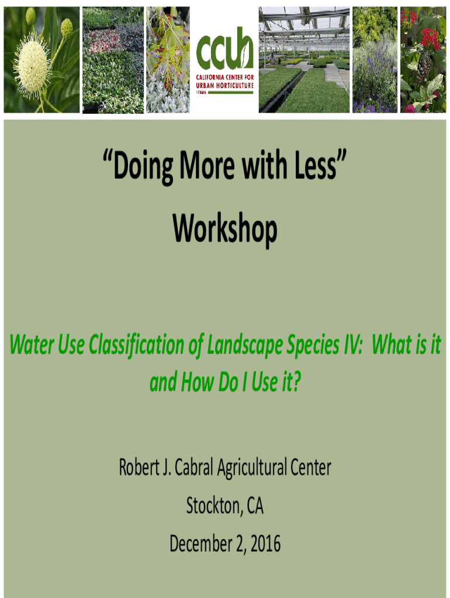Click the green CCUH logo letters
pyautogui.click(x=224, y=48)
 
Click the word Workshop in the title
pyautogui.click(x=225, y=228)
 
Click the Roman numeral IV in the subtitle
pyautogui.click(x=352, y=345)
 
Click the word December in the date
pyautogui.click(x=201, y=544)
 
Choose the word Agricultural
pyautogui.click(x=252, y=468)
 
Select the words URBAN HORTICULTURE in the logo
pyautogui.click(x=225, y=85)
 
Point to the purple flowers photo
pyautogui.click(x=375, y=60)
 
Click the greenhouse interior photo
pyautogui.click(x=304, y=60)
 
